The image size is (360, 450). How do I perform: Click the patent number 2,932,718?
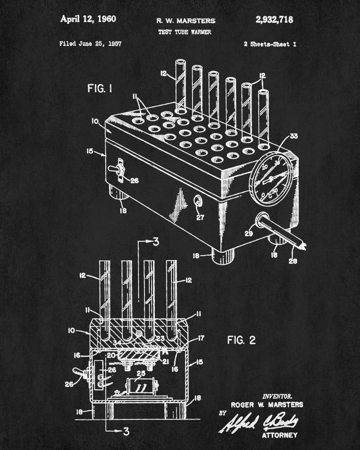pyautogui.click(x=274, y=20)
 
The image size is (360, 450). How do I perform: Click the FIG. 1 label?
pyautogui.click(x=100, y=89)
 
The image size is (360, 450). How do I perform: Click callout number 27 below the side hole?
pyautogui.click(x=200, y=217)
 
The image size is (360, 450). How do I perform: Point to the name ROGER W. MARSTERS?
pyautogui.click(x=267, y=405)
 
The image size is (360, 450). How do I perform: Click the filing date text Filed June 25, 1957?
pyautogui.click(x=90, y=44)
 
